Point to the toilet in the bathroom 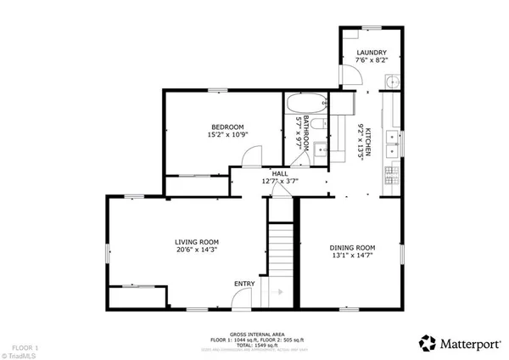[316, 124]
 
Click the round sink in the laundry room [391, 82]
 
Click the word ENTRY [244, 284]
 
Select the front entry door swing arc [242, 297]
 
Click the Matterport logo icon [428, 342]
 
